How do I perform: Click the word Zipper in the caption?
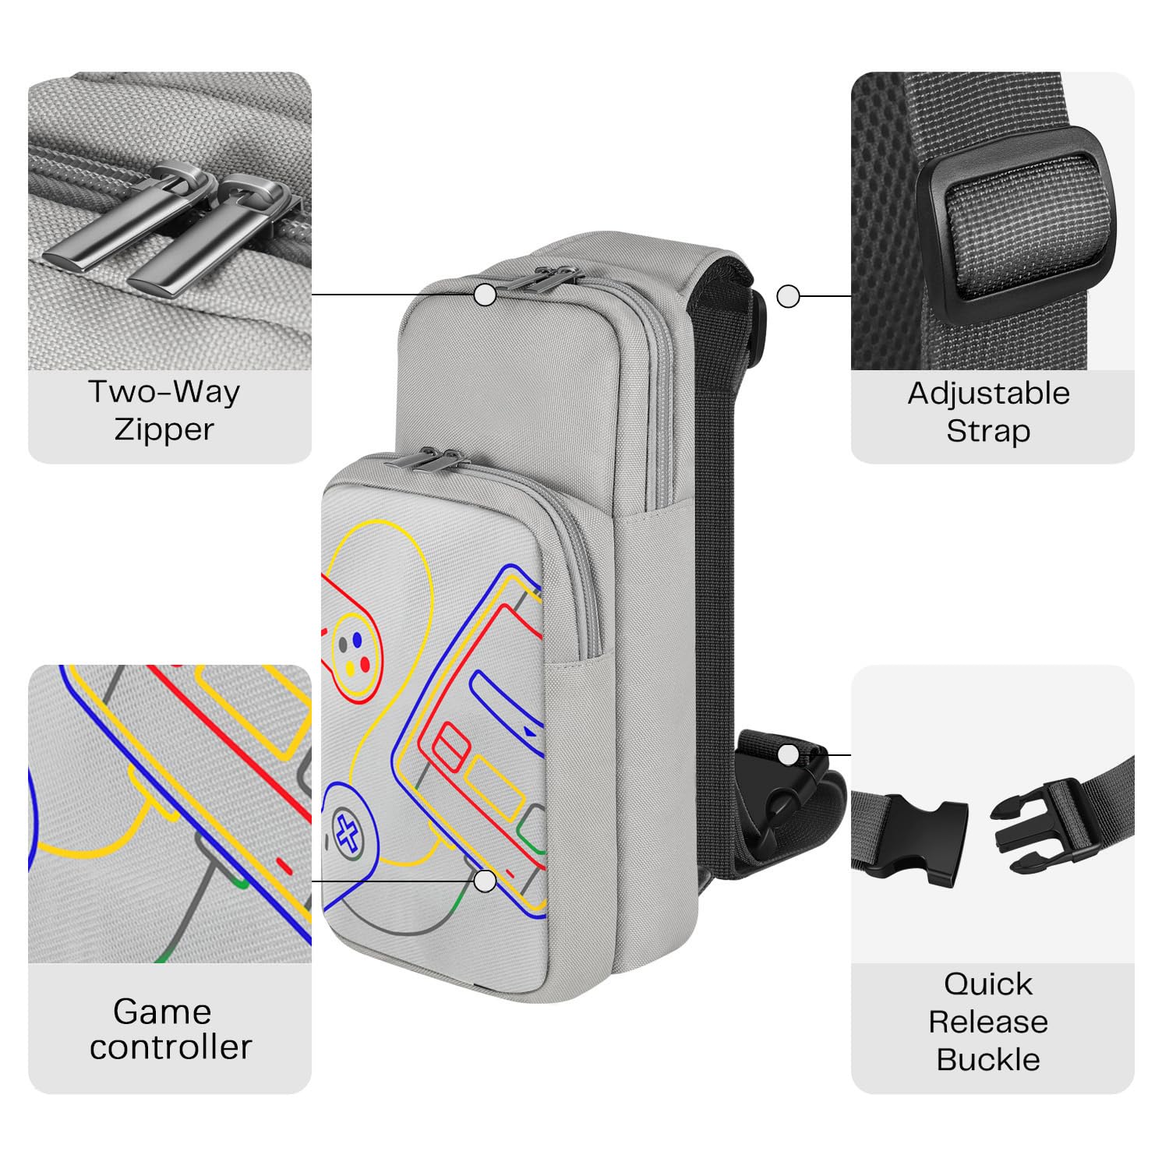pyautogui.click(x=164, y=429)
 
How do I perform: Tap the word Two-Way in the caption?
pyautogui.click(x=164, y=391)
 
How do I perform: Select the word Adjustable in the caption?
pyautogui.click(x=988, y=394)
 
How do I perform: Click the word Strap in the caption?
pyautogui.click(x=988, y=431)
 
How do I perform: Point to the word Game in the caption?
pyautogui.click(x=162, y=1012)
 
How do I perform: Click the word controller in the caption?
pyautogui.click(x=171, y=1047)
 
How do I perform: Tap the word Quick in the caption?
pyautogui.click(x=988, y=984)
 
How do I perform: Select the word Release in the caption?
pyautogui.click(x=988, y=1021)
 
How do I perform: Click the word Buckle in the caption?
pyautogui.click(x=988, y=1059)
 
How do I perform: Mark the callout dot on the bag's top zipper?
pyautogui.click(x=486, y=295)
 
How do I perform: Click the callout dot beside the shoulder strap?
pyautogui.click(x=789, y=296)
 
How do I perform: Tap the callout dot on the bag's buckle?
pyautogui.click(x=789, y=754)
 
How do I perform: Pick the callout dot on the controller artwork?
pyautogui.click(x=486, y=881)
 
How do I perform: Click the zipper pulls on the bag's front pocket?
pyautogui.click(x=425, y=460)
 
